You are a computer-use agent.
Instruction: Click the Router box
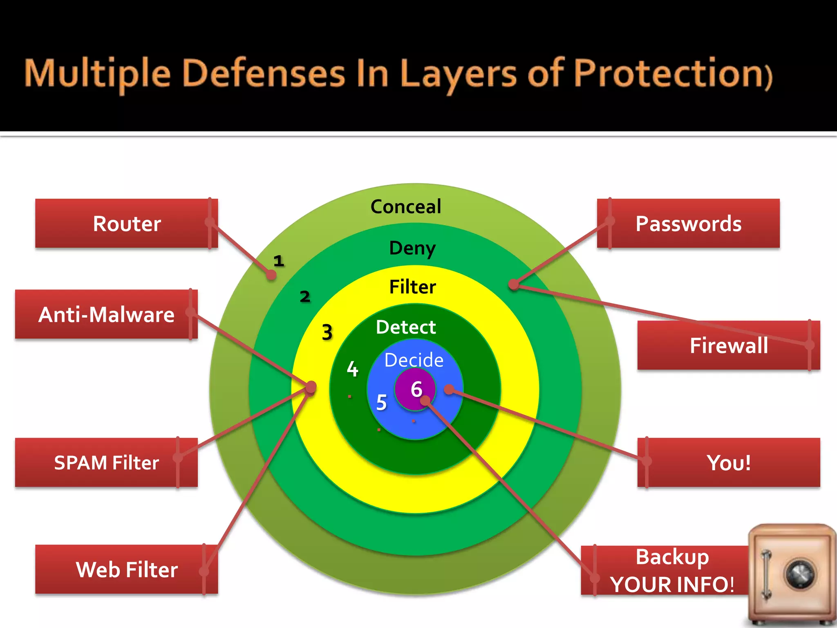tap(127, 224)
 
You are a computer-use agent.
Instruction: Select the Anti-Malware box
tap(106, 314)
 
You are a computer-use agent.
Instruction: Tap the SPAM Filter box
tap(106, 463)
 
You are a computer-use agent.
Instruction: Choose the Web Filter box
tap(127, 570)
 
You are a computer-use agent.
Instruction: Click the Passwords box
tap(688, 224)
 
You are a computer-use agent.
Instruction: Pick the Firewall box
tap(729, 345)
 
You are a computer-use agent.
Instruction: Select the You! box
tap(729, 463)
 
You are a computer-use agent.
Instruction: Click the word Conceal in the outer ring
tap(406, 206)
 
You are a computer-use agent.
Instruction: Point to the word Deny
tap(412, 248)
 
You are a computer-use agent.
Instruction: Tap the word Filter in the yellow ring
tap(412, 287)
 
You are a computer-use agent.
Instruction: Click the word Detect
tap(406, 327)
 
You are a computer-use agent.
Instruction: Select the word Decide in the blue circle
tap(414, 360)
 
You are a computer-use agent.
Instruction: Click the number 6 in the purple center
tap(416, 389)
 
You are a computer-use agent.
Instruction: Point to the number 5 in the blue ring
tap(381, 402)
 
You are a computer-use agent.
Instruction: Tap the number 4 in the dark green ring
tap(352, 369)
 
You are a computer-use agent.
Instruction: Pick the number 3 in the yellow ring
tap(327, 332)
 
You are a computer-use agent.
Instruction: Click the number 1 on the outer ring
tap(279, 261)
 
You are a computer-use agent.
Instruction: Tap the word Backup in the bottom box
tap(672, 557)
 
